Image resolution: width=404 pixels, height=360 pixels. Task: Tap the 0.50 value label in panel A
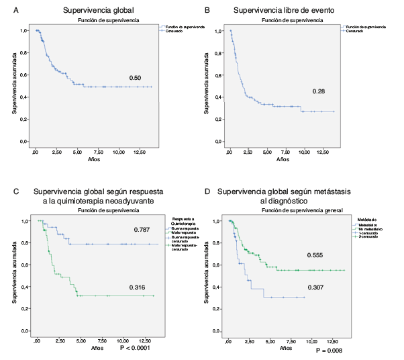click(x=135, y=79)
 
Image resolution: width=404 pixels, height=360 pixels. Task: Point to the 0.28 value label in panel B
click(x=318, y=91)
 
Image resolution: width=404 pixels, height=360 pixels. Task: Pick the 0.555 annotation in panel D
click(x=316, y=256)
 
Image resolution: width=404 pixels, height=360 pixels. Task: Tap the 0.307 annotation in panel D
click(x=316, y=287)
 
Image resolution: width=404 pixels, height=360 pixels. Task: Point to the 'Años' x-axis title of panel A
click(x=95, y=161)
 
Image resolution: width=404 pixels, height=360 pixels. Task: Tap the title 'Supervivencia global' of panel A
click(x=93, y=11)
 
